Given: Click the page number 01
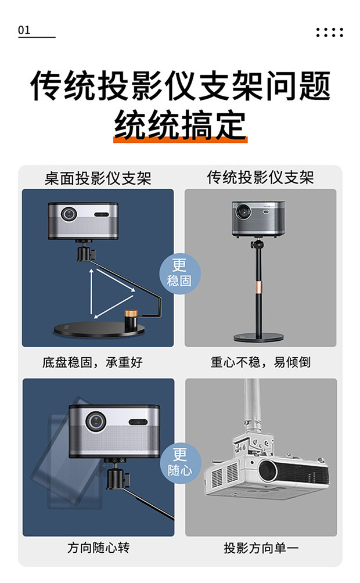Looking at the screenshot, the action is point(24,30).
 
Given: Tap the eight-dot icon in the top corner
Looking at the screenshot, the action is point(329,33).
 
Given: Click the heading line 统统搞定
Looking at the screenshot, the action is point(180,125).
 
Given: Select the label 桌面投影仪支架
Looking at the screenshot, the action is point(98,178).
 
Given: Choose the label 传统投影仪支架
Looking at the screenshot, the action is point(260,177).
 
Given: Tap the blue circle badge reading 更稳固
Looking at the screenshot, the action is point(180,273).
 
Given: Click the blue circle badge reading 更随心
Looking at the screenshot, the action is point(181,463).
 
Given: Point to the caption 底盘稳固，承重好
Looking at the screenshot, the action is point(92,362).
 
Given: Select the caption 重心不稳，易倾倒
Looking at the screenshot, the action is point(261,362).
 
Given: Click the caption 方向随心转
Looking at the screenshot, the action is point(98,548).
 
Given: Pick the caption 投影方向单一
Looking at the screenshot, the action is point(261,548).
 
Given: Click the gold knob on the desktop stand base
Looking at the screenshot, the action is point(131,313).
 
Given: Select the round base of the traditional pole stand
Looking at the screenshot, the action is point(258,337).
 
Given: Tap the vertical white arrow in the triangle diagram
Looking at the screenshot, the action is point(91,292).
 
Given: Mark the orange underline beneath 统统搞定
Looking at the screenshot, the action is point(181,139).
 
